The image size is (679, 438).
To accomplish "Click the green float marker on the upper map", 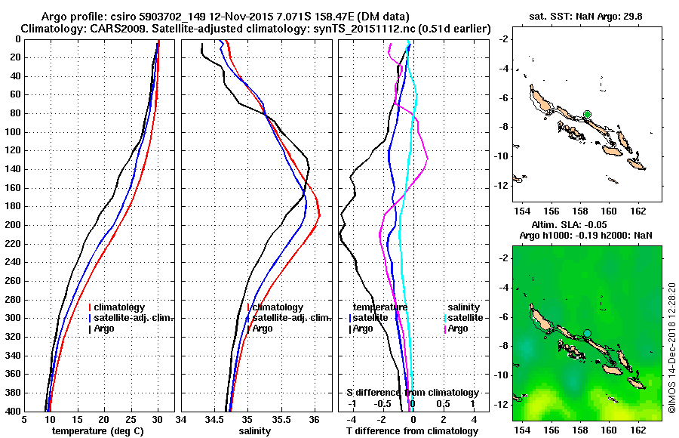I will point(587,114).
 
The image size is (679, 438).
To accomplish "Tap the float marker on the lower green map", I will point(587,333).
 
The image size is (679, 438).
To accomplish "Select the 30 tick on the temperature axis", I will point(158,420).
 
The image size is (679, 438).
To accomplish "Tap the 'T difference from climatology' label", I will point(412,431).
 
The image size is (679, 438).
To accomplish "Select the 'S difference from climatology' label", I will point(412,393).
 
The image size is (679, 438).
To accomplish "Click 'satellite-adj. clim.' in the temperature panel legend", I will point(134,318).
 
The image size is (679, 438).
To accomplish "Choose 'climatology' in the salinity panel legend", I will point(278,307).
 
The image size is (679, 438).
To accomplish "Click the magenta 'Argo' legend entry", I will point(458,328).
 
